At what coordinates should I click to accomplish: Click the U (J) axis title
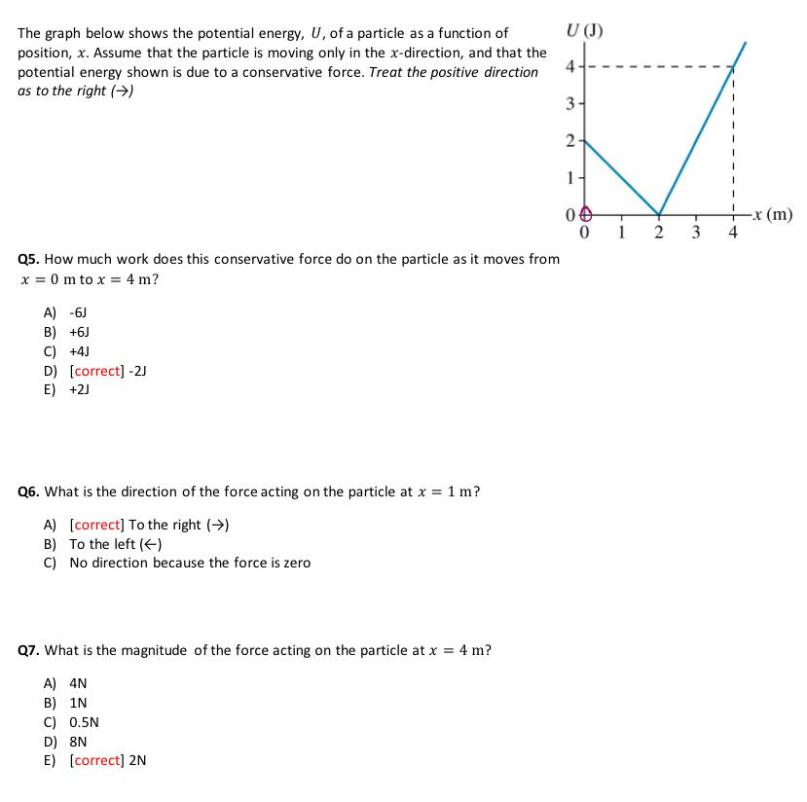point(585,29)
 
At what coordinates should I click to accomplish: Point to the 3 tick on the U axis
point(572,104)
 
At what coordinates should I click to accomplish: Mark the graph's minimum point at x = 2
point(659,214)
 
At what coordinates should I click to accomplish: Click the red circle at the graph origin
point(584,214)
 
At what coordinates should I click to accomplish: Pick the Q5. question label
point(30,260)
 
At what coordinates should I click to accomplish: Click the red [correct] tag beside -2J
point(97,371)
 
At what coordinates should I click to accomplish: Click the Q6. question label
point(30,492)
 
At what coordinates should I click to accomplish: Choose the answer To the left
point(115,544)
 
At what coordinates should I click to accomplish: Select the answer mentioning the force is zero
point(190,563)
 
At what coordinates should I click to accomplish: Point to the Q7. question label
point(30,650)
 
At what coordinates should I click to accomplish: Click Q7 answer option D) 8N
point(72,742)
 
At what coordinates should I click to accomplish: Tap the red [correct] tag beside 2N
point(97,761)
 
